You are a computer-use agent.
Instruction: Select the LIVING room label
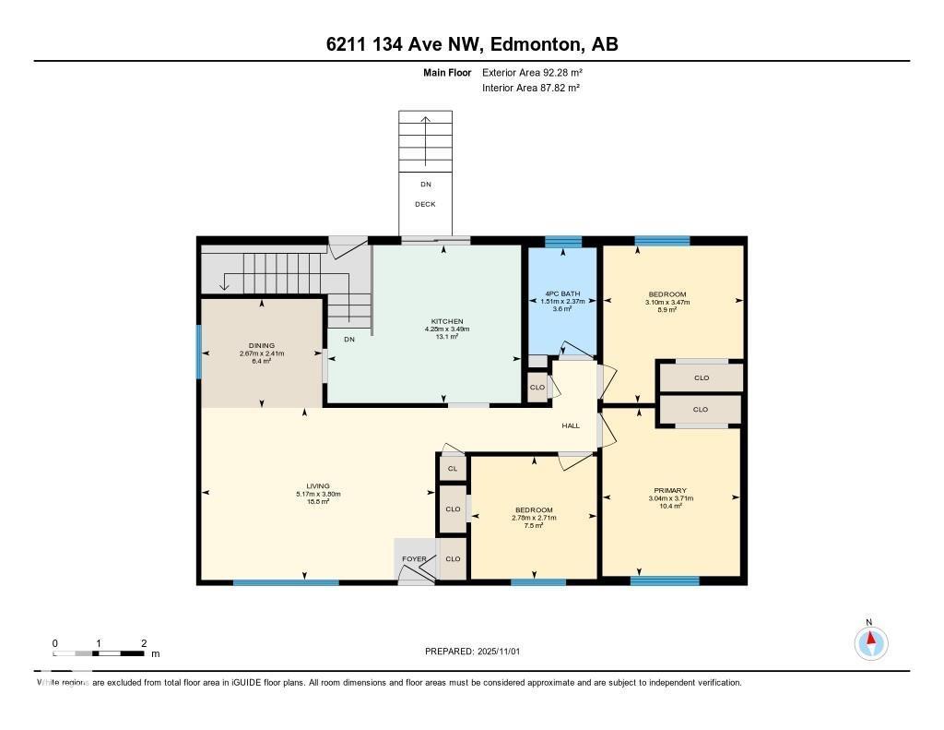318,485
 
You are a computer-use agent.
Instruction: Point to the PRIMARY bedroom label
670,490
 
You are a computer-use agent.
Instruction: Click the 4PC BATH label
562,293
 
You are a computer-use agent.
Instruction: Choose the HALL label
571,425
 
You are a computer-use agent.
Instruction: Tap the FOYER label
414,559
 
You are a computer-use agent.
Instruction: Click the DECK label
425,204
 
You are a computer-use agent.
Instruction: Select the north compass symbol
870,641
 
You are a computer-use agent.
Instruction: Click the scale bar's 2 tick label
144,642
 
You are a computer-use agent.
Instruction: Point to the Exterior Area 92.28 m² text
532,72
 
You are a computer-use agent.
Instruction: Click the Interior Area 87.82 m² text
531,88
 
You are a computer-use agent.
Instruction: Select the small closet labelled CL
452,469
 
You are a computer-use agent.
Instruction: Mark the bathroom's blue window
562,243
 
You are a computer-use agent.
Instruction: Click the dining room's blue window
199,352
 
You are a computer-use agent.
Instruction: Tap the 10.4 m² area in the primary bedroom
670,506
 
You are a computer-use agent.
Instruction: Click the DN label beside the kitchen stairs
349,340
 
